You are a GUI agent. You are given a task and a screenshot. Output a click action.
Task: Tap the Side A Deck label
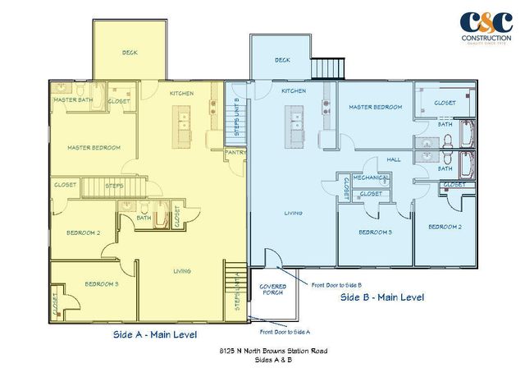[x=130, y=52]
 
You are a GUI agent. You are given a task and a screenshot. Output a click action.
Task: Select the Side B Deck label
[x=282, y=60]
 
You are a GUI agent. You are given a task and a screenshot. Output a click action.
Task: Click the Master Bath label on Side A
[x=71, y=100]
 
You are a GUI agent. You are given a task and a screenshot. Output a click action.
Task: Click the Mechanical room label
[x=371, y=177]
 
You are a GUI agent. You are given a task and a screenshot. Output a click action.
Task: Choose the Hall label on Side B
[x=394, y=159]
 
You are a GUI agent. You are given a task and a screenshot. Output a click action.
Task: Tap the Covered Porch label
[x=272, y=290]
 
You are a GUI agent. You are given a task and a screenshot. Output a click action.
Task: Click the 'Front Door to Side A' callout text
[x=286, y=332]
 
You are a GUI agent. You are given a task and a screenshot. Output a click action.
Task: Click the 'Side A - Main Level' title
[x=156, y=335]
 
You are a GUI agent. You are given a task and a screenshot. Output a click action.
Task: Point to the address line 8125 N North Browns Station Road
[x=262, y=352]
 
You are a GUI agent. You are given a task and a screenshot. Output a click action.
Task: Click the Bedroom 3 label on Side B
[x=375, y=232]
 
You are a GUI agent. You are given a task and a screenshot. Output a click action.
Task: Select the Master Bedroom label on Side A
[x=94, y=148]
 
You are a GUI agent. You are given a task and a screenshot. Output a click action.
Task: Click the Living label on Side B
[x=293, y=213]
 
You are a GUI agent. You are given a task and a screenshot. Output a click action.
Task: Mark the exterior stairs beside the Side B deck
[x=331, y=66]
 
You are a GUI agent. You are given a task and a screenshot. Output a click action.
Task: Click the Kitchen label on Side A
[x=181, y=94]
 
